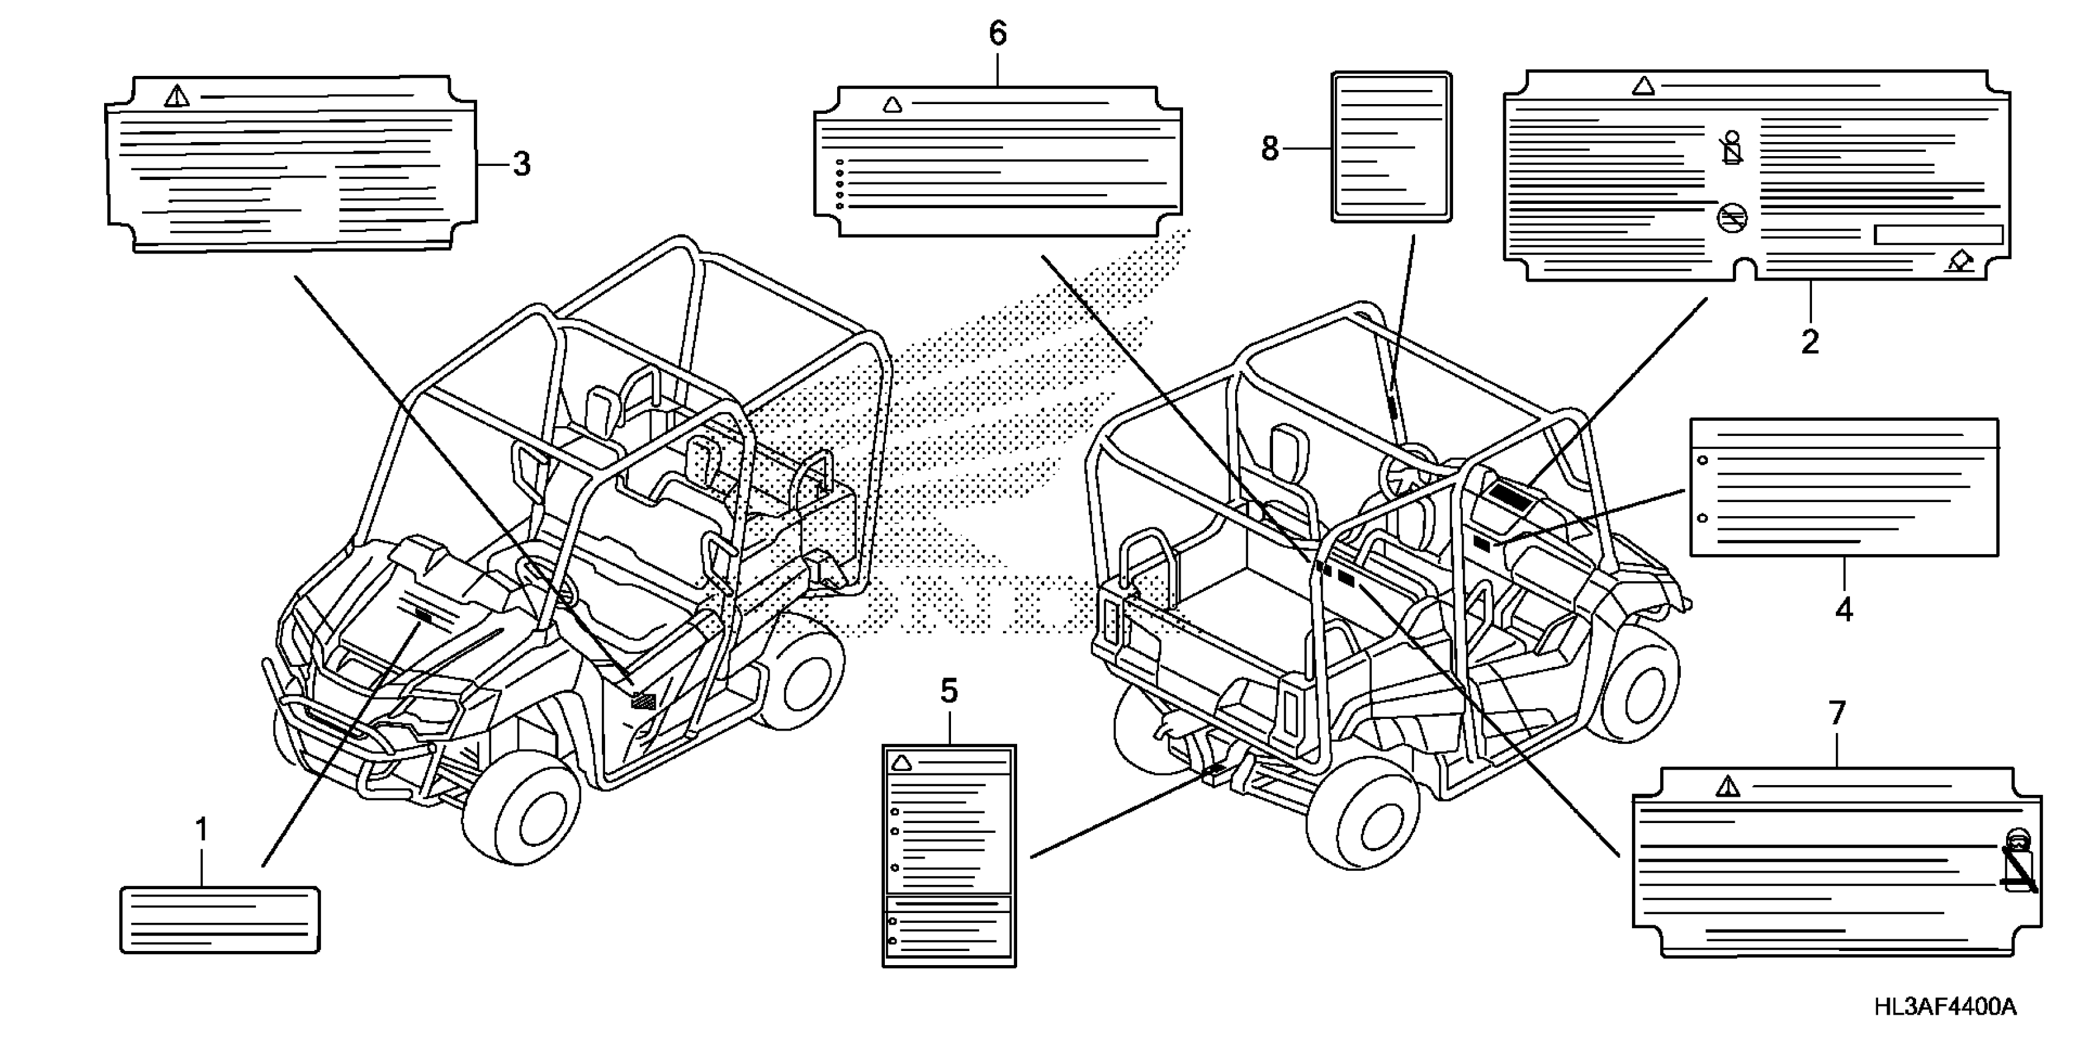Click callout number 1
[201, 830]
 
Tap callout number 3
[522, 164]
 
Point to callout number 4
[1844, 611]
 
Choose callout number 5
[949, 691]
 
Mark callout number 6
[998, 34]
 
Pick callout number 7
[1837, 713]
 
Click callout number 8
[1270, 149]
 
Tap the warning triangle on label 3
[176, 97]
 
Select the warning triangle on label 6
[892, 104]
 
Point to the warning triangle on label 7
[1727, 786]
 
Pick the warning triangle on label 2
[1643, 86]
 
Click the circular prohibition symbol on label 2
[1732, 217]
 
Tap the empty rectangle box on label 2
[1938, 235]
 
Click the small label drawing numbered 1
[220, 920]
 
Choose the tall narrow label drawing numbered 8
[1391, 146]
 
